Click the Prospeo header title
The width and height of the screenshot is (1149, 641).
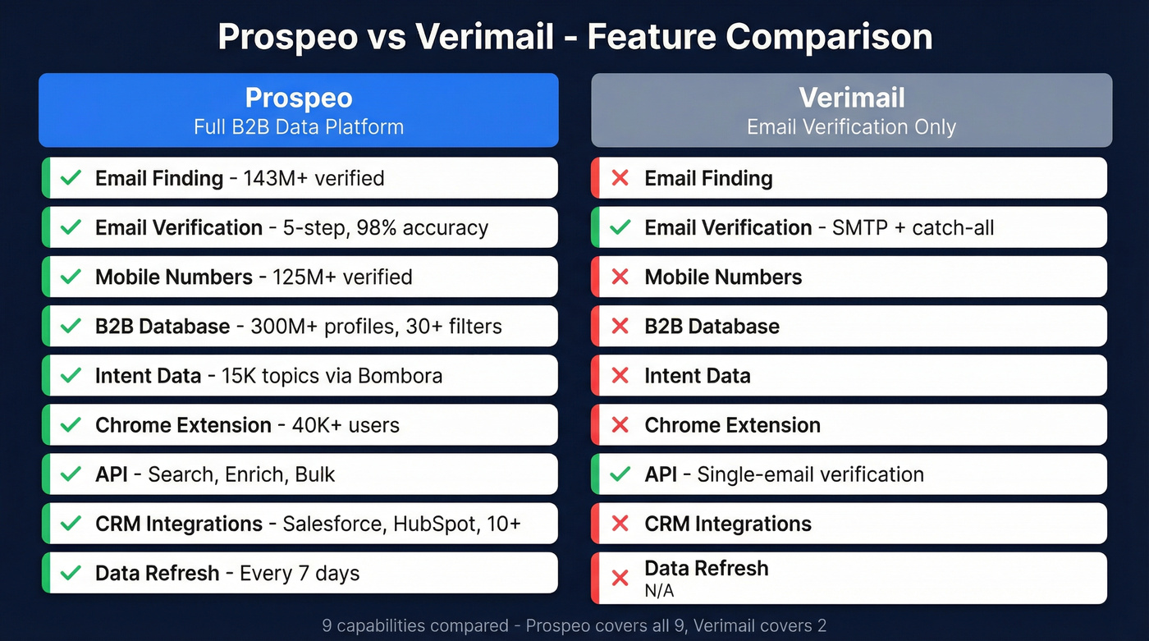click(x=299, y=98)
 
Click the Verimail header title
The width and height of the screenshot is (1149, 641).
click(x=852, y=98)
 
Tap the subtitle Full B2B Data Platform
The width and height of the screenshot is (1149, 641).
click(x=299, y=127)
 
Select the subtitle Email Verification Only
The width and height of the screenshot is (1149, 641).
click(x=852, y=127)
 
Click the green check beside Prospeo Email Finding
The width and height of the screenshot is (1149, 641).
click(x=71, y=178)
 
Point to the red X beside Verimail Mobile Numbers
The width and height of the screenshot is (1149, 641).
click(x=620, y=277)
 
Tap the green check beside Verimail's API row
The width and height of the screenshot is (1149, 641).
click(x=620, y=474)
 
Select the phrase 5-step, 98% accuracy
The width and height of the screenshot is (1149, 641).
click(x=386, y=227)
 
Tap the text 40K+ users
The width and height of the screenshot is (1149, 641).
click(x=346, y=425)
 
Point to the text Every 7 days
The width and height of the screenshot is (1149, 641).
click(x=300, y=573)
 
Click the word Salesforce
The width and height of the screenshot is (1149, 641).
click(x=333, y=524)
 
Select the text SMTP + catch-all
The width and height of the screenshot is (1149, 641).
click(x=913, y=227)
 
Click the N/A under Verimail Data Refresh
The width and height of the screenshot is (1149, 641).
click(x=659, y=590)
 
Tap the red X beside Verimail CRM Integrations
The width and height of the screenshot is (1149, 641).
click(x=620, y=524)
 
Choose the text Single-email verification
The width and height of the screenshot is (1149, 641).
click(x=810, y=474)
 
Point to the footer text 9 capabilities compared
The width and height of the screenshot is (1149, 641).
click(x=415, y=626)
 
